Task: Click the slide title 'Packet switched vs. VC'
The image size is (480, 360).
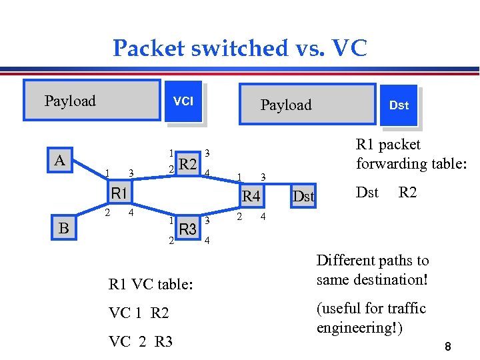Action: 239,48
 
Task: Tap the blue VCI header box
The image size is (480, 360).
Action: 183,101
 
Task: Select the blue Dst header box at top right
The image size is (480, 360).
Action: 399,105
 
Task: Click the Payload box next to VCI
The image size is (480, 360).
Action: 91,101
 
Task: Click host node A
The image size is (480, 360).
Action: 60,161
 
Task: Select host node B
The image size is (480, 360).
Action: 63,228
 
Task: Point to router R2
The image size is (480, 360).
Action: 189,164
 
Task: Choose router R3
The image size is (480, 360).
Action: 189,229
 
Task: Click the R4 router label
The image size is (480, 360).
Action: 251,196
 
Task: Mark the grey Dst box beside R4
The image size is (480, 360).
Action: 304,196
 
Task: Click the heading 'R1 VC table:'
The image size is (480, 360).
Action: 151,285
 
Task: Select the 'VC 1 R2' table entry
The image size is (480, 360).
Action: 139,313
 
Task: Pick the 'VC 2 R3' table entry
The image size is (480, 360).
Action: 140,341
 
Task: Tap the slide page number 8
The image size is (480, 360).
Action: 449,347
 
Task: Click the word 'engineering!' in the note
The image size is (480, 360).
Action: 359,328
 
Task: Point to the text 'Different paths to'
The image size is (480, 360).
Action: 373,260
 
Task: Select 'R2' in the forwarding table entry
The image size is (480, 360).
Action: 407,193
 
